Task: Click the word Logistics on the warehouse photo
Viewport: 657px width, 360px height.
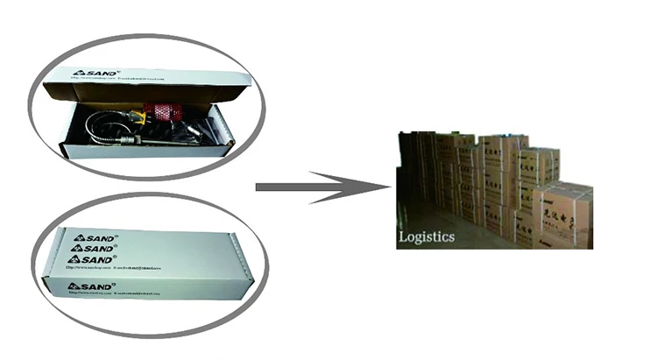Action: click(427, 236)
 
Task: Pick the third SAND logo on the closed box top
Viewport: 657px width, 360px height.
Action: click(91, 260)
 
